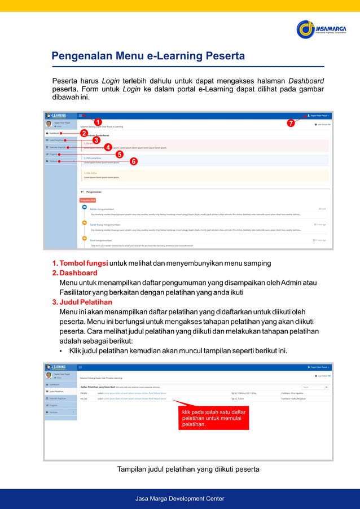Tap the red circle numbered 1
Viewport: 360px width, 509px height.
coord(98,122)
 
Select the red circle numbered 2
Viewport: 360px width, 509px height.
coord(84,133)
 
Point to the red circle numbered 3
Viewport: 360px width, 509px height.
coord(96,140)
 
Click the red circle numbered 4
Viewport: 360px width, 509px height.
coord(108,147)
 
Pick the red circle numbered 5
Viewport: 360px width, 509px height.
coord(119,154)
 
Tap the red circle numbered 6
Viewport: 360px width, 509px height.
coord(134,161)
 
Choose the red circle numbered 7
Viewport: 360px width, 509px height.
coord(291,123)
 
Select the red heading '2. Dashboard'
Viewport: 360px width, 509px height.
coord(74,273)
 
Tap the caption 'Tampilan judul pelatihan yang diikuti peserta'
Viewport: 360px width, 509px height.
coord(188,469)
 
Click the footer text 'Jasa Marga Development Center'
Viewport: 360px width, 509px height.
coord(180,498)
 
